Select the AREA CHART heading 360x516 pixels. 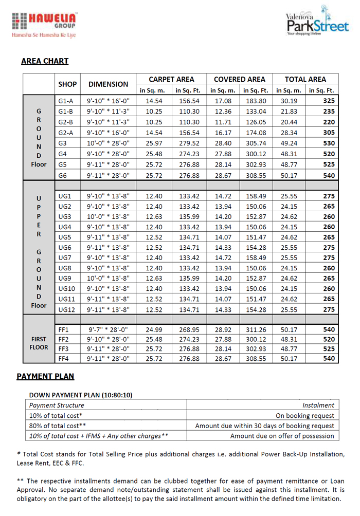[45, 61]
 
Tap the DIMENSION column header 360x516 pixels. [108, 84]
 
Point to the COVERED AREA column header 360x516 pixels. [240, 79]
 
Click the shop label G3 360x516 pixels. [63, 143]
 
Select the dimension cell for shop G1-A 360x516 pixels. [108, 101]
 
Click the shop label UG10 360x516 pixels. [67, 288]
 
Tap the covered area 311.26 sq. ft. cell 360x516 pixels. [256, 329]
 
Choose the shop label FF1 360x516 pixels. [64, 329]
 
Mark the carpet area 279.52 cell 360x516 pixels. [189, 143]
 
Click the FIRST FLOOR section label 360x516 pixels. [39, 343]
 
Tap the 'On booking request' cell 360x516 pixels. [305, 415]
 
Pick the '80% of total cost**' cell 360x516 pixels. [58, 426]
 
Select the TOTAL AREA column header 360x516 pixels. [305, 79]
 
